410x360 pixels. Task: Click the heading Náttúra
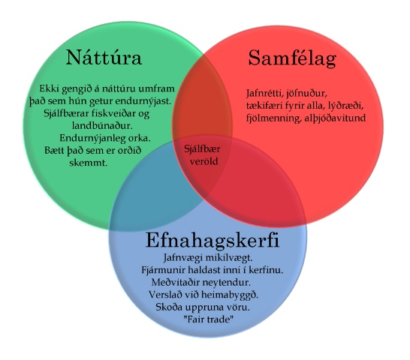point(104,57)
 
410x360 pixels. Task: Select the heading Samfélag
point(292,58)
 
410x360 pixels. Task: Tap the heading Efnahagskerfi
point(212,240)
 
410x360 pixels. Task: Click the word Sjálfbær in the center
point(202,149)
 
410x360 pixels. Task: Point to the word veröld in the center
point(203,161)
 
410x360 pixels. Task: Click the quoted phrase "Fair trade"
point(208,319)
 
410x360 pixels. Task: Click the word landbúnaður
point(102,126)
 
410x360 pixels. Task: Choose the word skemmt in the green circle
point(89,163)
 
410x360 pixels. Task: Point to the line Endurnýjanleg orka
point(105,138)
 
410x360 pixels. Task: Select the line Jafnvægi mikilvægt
point(208,258)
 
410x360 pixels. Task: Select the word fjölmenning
point(273,118)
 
